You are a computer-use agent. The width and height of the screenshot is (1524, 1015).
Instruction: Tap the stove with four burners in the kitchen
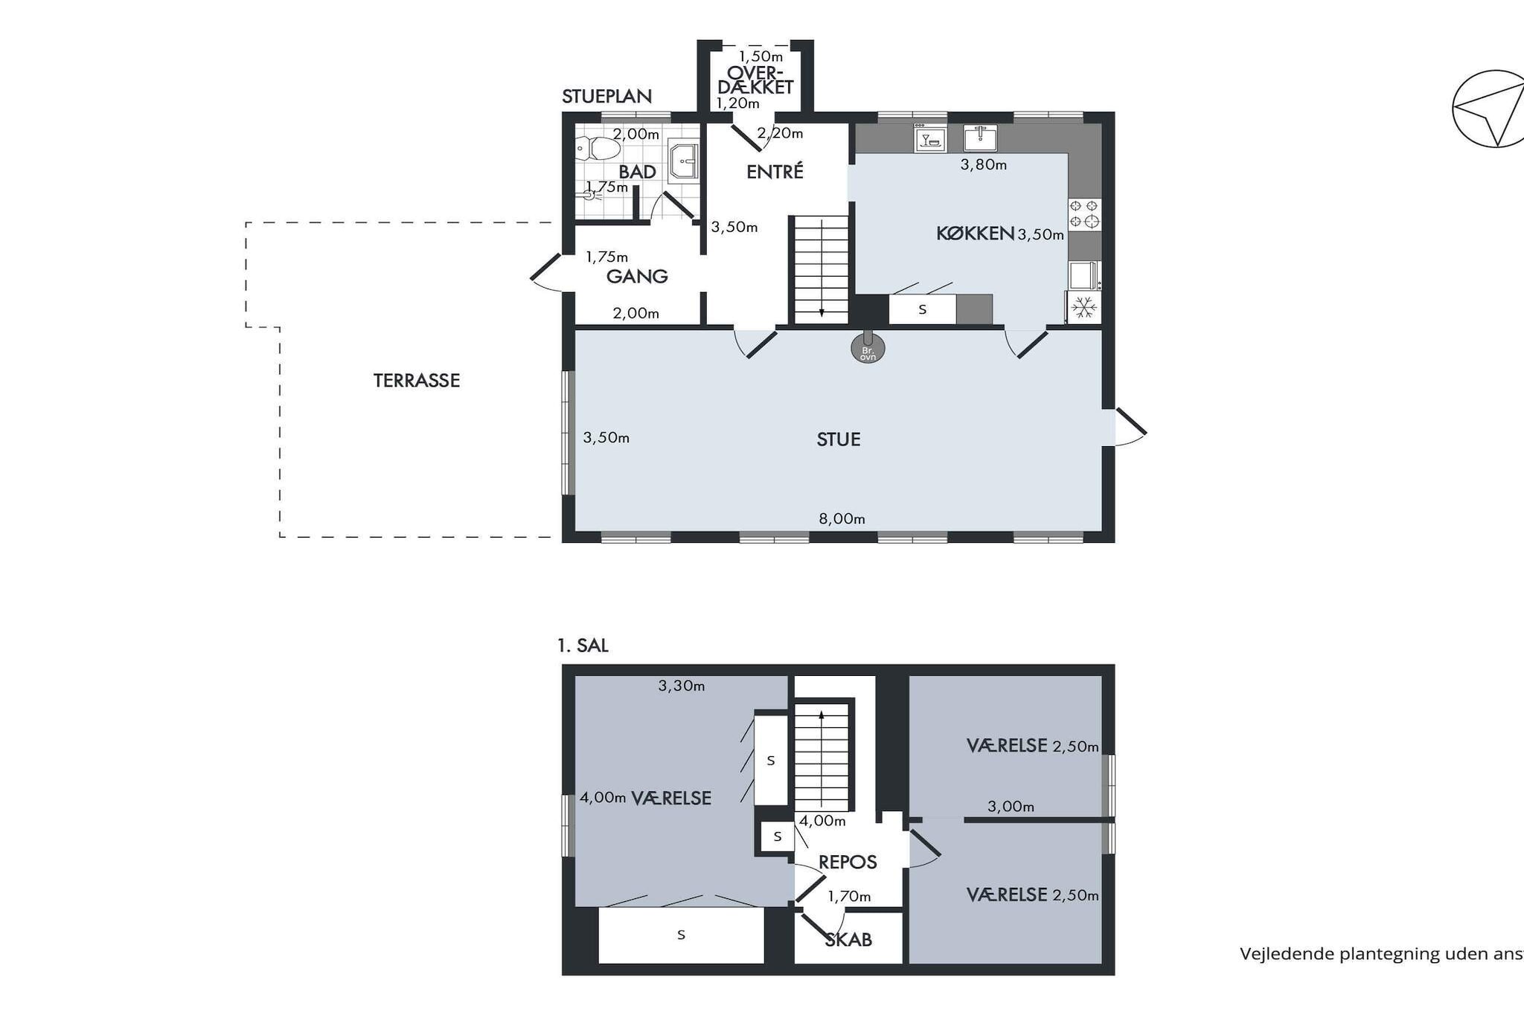pos(1083,213)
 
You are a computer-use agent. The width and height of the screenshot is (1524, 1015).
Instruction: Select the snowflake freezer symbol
pos(1084,306)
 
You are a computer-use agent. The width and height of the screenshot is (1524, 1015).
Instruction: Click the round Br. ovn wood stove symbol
pos(868,349)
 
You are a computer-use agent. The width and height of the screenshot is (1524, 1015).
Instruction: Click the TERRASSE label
pos(416,381)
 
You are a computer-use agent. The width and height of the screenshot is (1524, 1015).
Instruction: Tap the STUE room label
pos(839,439)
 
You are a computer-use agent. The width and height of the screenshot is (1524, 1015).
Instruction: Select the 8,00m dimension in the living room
pos(842,519)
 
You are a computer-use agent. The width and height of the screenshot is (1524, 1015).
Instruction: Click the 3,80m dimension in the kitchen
pos(983,165)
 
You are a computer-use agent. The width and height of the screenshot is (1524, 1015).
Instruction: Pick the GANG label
pos(637,277)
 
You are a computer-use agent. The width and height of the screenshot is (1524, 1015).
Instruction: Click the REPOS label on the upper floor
pos(848,863)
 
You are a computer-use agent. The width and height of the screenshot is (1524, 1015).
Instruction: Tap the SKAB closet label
pos(848,940)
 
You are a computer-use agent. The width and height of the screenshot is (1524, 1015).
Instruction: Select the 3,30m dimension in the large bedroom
pos(681,686)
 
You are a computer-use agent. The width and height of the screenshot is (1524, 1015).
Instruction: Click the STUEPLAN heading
pos(606,97)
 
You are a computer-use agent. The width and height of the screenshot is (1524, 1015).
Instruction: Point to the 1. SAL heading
pos(583,645)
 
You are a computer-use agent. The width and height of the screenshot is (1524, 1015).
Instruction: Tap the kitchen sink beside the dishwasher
pos(980,138)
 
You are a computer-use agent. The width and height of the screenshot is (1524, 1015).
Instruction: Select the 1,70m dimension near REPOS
pos(849,897)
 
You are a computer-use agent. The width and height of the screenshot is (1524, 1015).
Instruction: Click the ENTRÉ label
pos(775,172)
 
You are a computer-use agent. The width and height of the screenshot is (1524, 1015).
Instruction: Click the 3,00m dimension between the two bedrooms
pos(1011,807)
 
